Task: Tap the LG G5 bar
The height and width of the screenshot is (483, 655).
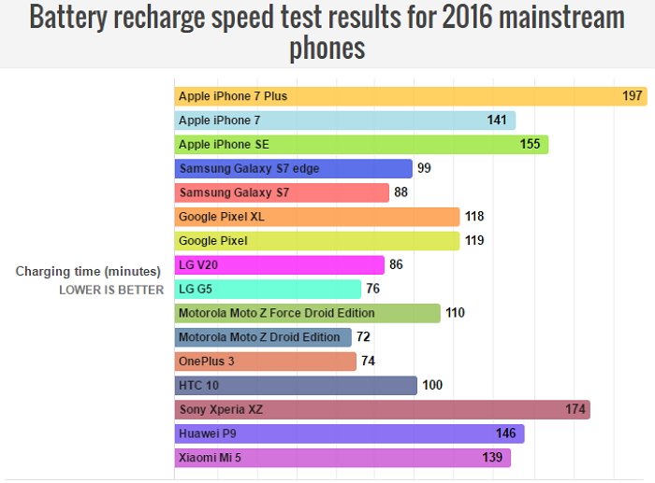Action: pos(268,289)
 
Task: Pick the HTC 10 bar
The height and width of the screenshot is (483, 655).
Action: pos(296,385)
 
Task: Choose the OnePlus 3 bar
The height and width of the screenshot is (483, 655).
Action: pos(266,361)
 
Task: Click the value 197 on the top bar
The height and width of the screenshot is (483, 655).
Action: pos(632,96)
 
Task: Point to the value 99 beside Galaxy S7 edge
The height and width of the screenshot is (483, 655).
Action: pos(424,168)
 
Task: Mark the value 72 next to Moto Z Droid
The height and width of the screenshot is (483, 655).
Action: pos(364,336)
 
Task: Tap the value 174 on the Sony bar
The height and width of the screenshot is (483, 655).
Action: pos(575,409)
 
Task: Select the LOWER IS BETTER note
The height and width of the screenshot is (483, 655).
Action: pos(111,290)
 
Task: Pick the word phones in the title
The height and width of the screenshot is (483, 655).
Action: pos(327,48)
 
